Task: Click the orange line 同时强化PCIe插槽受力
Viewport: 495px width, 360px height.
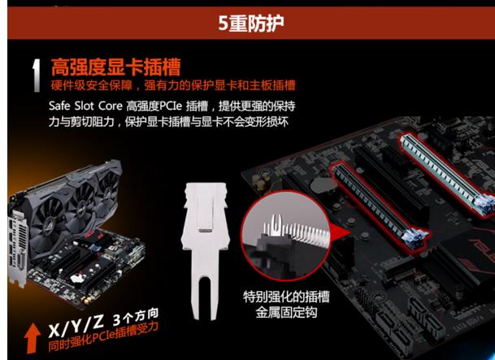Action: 102,338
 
